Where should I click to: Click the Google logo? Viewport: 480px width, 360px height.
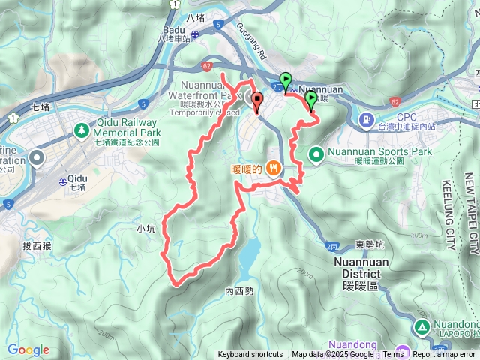tap(28, 349)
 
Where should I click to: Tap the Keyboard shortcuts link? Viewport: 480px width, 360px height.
tap(250, 355)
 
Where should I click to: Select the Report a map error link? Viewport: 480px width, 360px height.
tap(445, 355)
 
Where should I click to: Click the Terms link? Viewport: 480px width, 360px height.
tap(393, 355)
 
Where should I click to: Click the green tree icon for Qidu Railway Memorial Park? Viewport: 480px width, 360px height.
tap(80, 131)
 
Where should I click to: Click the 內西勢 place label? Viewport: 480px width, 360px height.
tap(238, 291)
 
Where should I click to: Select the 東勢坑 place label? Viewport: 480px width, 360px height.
tap(370, 244)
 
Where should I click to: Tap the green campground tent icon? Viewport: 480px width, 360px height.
tap(421, 327)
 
